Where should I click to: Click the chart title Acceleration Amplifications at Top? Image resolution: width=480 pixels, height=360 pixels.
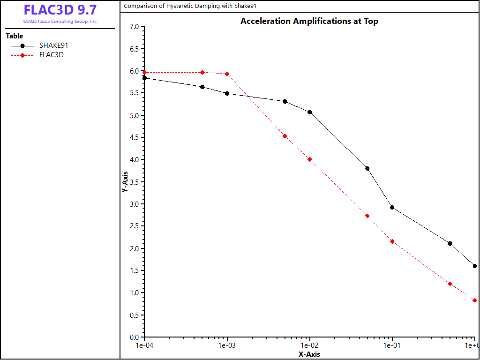pyautogui.click(x=309, y=21)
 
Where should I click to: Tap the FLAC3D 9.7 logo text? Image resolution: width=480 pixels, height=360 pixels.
pyautogui.click(x=60, y=10)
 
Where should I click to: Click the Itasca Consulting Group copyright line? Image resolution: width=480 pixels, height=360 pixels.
pyautogui.click(x=60, y=22)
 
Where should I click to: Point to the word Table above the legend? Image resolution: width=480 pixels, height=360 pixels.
pyautogui.click(x=15, y=36)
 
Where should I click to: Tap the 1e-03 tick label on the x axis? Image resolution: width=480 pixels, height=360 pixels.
pyautogui.click(x=227, y=345)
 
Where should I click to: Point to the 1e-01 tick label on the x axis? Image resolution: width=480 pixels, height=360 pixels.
pyautogui.click(x=392, y=345)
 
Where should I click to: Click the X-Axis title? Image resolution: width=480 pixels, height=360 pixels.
pyautogui.click(x=309, y=354)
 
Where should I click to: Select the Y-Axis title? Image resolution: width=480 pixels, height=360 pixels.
pyautogui.click(x=125, y=181)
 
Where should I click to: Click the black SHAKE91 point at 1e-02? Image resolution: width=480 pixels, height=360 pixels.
pyautogui.click(x=310, y=112)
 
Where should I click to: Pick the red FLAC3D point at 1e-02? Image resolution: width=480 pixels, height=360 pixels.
pyautogui.click(x=310, y=159)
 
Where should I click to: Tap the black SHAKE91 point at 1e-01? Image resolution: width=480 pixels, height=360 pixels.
pyautogui.click(x=392, y=208)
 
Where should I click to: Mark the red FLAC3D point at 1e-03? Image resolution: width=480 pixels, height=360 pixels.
pyautogui.click(x=227, y=74)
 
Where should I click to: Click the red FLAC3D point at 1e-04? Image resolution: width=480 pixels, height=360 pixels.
pyautogui.click(x=144, y=73)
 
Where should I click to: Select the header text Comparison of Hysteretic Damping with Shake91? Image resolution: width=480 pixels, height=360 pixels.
pyautogui.click(x=190, y=6)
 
